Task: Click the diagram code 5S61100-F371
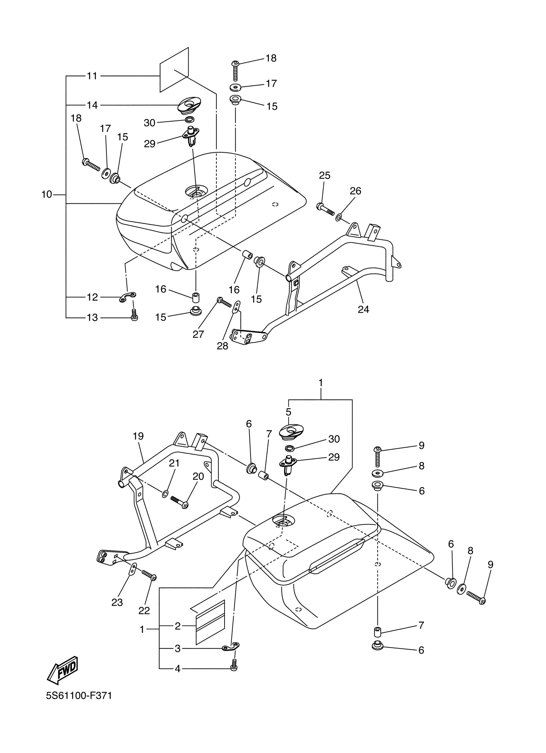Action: tap(79, 705)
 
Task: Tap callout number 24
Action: tap(363, 309)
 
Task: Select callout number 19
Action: tap(138, 436)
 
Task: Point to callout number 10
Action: tap(47, 194)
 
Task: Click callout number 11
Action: tap(92, 76)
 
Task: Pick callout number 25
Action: tap(324, 175)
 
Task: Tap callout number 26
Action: tap(355, 191)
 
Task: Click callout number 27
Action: tap(198, 334)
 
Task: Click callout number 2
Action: tap(178, 626)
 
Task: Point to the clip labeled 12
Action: tap(128, 297)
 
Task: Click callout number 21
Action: tap(174, 463)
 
